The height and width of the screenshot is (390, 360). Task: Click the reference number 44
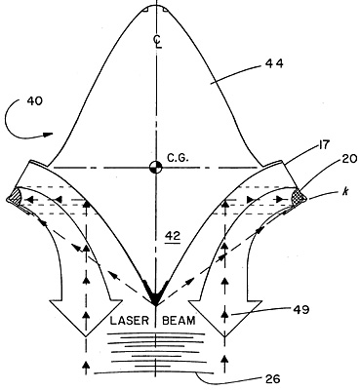pyautogui.click(x=273, y=63)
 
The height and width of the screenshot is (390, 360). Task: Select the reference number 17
pyautogui.click(x=322, y=145)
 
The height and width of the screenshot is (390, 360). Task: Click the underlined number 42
pyautogui.click(x=173, y=237)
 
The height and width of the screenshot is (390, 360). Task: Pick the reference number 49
pyautogui.click(x=300, y=310)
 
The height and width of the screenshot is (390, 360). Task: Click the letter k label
pyautogui.click(x=344, y=192)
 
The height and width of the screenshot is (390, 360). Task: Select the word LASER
pyautogui.click(x=130, y=321)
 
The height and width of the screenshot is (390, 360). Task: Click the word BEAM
pyautogui.click(x=180, y=321)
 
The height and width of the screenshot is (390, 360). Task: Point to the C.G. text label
pyautogui.click(x=178, y=158)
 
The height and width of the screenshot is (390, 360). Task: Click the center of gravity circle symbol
pyautogui.click(x=156, y=167)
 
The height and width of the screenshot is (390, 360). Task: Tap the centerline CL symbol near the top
pyautogui.click(x=158, y=42)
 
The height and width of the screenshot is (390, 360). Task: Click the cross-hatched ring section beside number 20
pyautogui.click(x=299, y=198)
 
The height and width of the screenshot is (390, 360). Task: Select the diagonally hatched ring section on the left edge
pyautogui.click(x=15, y=197)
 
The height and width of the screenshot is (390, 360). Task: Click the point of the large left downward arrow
pyautogui.click(x=86, y=336)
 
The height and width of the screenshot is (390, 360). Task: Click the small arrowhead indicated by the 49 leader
pyautogui.click(x=224, y=313)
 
